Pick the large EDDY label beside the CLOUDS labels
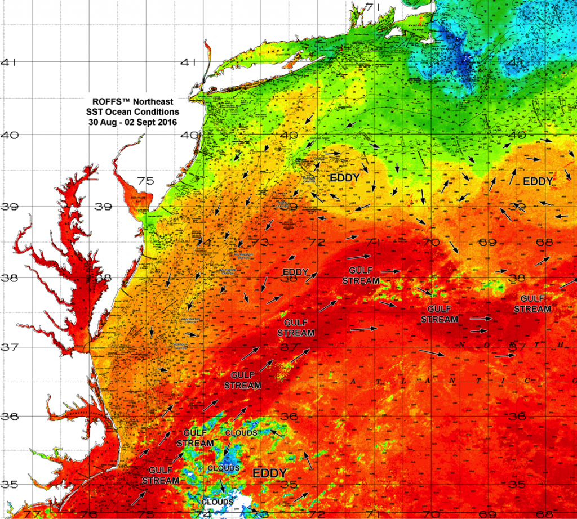click(269, 473)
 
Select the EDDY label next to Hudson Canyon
click(344, 177)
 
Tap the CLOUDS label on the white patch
click(218, 502)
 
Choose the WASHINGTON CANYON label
click(189, 320)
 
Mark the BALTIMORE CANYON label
click(229, 270)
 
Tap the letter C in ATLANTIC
click(529, 381)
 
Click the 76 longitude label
click(87, 513)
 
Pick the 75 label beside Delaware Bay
click(145, 181)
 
